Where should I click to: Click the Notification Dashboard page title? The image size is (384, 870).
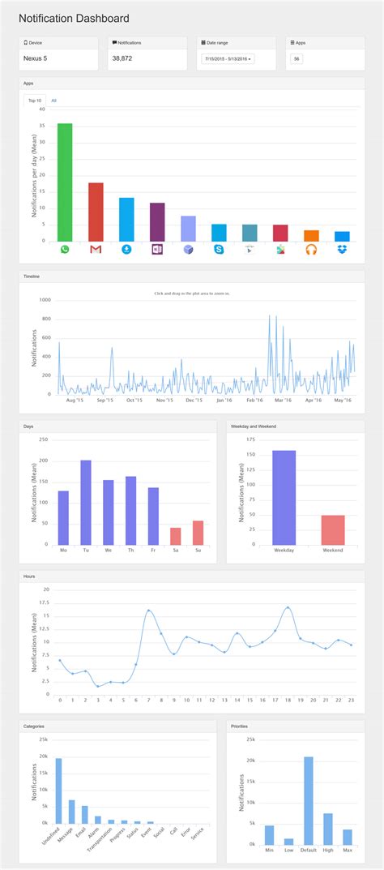74,18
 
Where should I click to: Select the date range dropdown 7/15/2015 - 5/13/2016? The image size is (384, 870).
228,59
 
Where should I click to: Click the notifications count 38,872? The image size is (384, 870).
123,58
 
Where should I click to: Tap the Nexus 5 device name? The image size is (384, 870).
35,58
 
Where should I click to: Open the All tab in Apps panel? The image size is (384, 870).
53,101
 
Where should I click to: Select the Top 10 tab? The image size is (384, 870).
35,101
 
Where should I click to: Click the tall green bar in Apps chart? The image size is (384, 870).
65,182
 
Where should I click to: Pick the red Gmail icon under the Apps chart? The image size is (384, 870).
96,249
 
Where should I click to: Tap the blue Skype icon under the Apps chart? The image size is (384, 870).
219,249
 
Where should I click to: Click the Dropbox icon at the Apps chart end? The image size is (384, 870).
342,249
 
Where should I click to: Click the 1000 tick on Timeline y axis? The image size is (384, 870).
45,299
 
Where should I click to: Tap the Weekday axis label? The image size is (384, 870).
284,550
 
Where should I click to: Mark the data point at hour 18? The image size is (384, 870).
288,607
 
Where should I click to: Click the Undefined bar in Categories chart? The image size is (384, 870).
58,791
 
